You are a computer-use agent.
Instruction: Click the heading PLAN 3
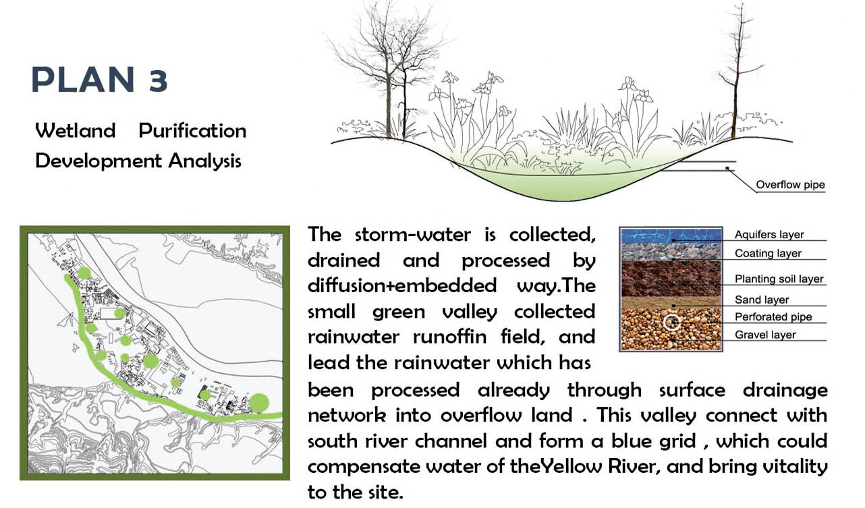(x=99, y=79)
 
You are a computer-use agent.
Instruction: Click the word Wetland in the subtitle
(x=76, y=130)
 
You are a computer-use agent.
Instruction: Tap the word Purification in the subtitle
(x=192, y=130)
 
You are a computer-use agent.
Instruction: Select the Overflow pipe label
(x=790, y=185)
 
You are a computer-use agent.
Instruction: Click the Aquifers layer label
(x=769, y=234)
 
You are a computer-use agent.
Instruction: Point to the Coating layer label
(x=768, y=253)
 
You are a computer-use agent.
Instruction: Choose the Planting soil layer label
(x=779, y=279)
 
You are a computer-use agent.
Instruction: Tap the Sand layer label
(x=762, y=300)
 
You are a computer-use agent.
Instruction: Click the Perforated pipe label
(x=773, y=317)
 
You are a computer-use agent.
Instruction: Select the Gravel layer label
(x=765, y=335)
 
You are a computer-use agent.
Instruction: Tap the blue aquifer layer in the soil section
(x=671, y=235)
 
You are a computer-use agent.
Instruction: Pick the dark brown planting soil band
(x=671, y=279)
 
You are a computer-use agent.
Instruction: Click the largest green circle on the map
(x=258, y=403)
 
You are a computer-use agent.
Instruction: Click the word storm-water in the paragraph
(x=413, y=234)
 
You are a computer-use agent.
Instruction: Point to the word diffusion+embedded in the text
(x=402, y=285)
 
